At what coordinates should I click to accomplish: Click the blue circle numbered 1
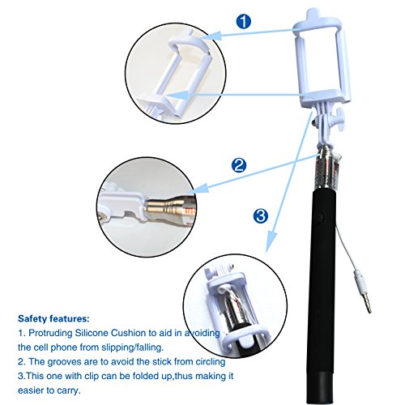point(244,22)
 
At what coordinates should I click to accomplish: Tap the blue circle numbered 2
point(239,165)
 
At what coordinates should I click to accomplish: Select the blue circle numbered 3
point(261,215)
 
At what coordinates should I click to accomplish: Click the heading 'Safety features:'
point(53,319)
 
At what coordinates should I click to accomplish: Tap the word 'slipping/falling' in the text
point(132,347)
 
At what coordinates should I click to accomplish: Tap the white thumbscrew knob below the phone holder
point(339,119)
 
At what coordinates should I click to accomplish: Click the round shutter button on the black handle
point(321,217)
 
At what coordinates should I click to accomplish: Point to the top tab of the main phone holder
point(314,14)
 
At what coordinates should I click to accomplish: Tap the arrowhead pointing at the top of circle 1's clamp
point(211,36)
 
